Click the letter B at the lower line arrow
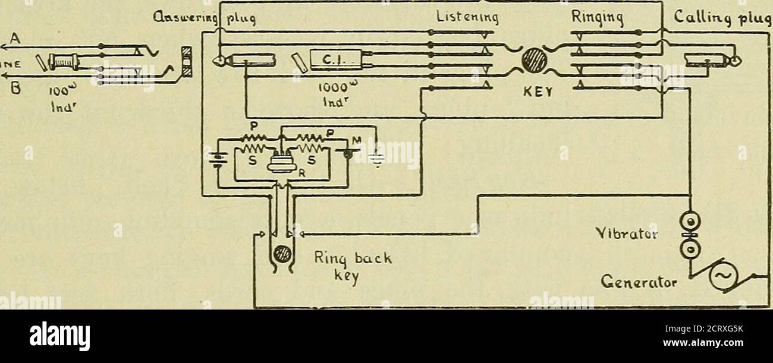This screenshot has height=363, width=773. tap(15, 91)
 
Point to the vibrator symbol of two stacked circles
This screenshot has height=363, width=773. tap(690, 235)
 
